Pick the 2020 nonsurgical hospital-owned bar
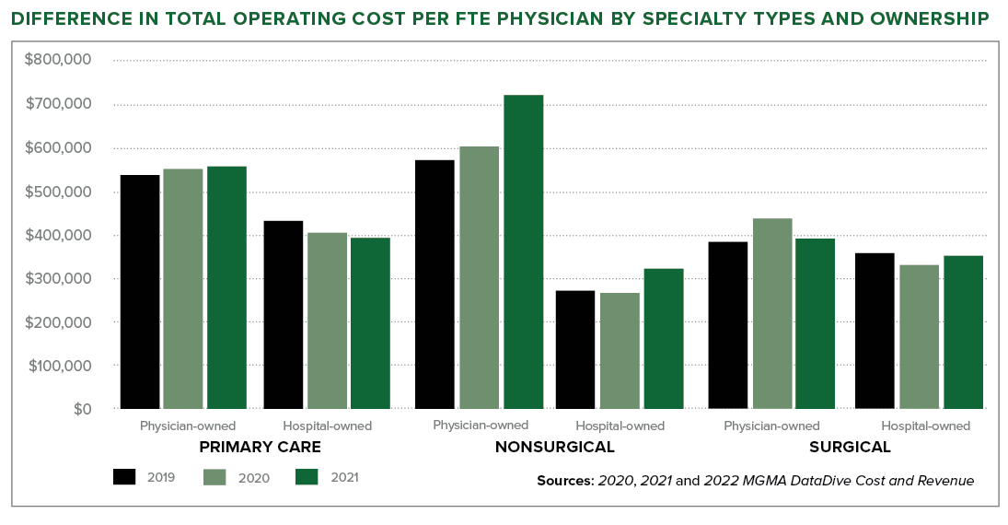pyautogui.click(x=620, y=351)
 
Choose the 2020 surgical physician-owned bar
pyautogui.click(x=771, y=313)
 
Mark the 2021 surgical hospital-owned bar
pyautogui.click(x=963, y=332)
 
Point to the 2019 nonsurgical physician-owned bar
pyautogui.click(x=434, y=284)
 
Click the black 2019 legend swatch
pyautogui.click(x=125, y=476)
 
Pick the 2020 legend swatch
pyautogui.click(x=215, y=476)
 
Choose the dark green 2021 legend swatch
pyautogui.click(x=307, y=476)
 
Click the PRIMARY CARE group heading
pyautogui.click(x=260, y=448)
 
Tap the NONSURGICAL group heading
pyautogui.click(x=554, y=448)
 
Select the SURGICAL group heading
pyautogui.click(x=850, y=448)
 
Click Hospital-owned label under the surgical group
pyautogui.click(x=925, y=426)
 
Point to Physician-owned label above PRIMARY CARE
pyautogui.click(x=188, y=426)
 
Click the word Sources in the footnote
pyautogui.click(x=564, y=481)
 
